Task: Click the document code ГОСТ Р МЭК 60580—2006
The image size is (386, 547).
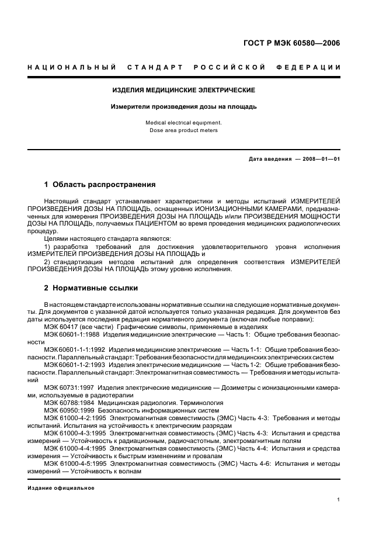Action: [x=292, y=43]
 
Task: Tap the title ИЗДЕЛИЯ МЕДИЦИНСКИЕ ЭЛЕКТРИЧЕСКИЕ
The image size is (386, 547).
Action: [x=184, y=91]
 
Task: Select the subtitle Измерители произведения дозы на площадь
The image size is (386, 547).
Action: [x=184, y=106]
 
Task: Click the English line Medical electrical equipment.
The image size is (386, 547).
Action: [x=184, y=123]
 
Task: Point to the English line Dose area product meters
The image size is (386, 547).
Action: [x=184, y=130]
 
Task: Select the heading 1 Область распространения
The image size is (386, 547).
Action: [x=100, y=185]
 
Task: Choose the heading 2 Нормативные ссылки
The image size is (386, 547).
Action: [x=91, y=288]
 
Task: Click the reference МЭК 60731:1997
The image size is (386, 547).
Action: [x=68, y=387]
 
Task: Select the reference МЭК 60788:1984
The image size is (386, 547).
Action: [x=68, y=403]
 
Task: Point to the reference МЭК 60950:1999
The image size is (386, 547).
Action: [x=68, y=410]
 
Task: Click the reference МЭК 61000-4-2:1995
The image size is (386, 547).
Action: [x=75, y=418]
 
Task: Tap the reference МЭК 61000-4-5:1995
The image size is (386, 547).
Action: [x=75, y=463]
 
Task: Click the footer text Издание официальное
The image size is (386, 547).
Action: [x=61, y=488]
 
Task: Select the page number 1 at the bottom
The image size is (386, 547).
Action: [x=338, y=500]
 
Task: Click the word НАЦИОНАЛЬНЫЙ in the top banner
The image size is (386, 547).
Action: [x=72, y=67]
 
